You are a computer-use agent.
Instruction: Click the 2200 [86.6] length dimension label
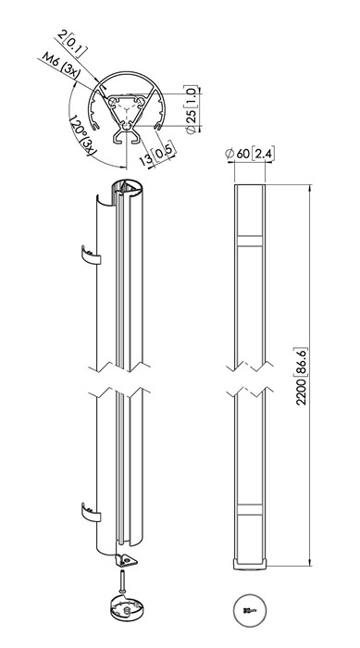tap(302, 376)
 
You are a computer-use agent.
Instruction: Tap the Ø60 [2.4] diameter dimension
tap(250, 154)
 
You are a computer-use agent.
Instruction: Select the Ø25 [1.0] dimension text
tap(192, 109)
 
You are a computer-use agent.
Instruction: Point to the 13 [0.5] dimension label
tap(157, 154)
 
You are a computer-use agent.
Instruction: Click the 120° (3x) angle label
tap(81, 135)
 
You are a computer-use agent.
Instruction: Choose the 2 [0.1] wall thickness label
tap(72, 42)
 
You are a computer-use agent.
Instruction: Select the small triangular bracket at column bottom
tap(127, 560)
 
